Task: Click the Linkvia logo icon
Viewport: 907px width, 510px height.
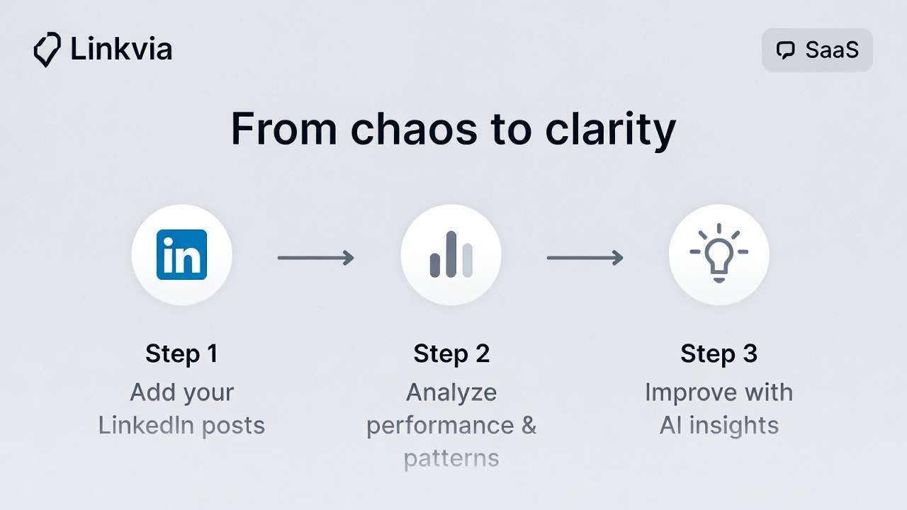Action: [x=47, y=50]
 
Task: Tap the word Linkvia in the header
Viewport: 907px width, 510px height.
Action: [x=121, y=50]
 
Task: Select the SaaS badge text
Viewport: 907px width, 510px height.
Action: [x=832, y=50]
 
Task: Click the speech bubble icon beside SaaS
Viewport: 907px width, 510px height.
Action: [x=786, y=50]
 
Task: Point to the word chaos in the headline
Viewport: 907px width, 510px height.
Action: [x=415, y=128]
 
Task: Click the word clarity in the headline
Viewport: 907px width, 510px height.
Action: [x=611, y=130]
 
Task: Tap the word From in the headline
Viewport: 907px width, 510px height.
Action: [x=284, y=128]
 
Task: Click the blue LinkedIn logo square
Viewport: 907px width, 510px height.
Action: [x=182, y=254]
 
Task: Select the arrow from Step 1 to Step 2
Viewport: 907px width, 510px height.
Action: [x=316, y=258]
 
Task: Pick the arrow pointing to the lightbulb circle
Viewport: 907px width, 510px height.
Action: [x=585, y=258]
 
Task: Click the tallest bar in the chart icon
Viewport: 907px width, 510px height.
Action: [x=451, y=254]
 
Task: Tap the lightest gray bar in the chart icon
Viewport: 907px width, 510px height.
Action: [x=467, y=260]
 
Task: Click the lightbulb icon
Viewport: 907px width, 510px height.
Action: [x=719, y=253]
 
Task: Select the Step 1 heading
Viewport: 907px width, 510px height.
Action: [x=181, y=353]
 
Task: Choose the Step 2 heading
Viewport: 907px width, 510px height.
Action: [x=451, y=353]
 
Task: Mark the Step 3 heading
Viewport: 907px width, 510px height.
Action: [x=719, y=353]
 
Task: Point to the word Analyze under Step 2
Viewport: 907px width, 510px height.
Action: [x=451, y=393]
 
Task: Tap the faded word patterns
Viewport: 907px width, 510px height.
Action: [x=451, y=459]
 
